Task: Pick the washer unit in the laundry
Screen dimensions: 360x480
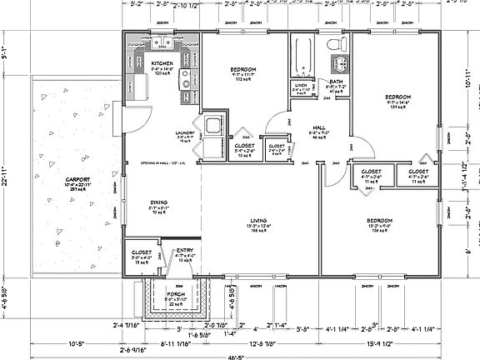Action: (213, 126)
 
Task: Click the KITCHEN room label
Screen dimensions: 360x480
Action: (162, 62)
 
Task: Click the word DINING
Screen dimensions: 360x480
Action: (159, 201)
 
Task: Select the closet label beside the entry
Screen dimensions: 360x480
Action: (141, 252)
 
